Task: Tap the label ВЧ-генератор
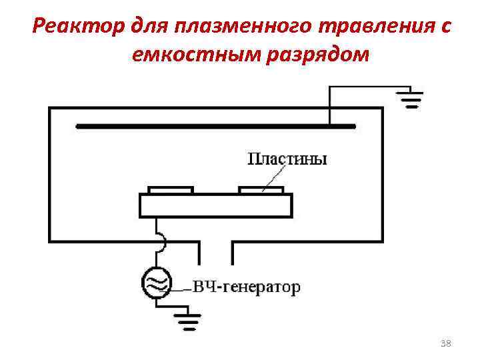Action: [x=247, y=287]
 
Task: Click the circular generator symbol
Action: [x=157, y=283]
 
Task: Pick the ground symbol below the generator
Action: [x=187, y=323]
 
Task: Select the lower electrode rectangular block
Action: [x=215, y=205]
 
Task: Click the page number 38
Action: [x=447, y=343]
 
